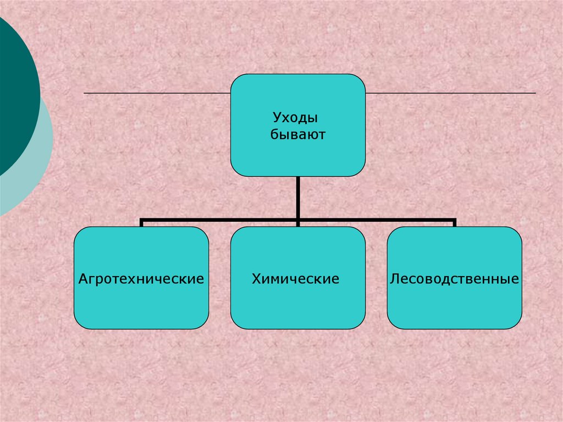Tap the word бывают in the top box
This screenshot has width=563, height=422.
pyautogui.click(x=297, y=134)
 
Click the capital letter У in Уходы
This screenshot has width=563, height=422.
pyautogui.click(x=277, y=118)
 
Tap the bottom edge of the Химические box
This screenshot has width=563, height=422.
pyautogui.click(x=297, y=329)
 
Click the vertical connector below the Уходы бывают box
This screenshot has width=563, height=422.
pyautogui.click(x=297, y=198)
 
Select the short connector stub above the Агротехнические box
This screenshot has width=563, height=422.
pyautogui.click(x=141, y=223)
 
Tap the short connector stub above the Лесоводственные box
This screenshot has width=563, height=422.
pyautogui.click(x=454, y=223)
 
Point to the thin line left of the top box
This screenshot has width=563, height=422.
pyautogui.click(x=157, y=94)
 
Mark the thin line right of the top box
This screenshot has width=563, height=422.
pyautogui.click(x=451, y=94)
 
